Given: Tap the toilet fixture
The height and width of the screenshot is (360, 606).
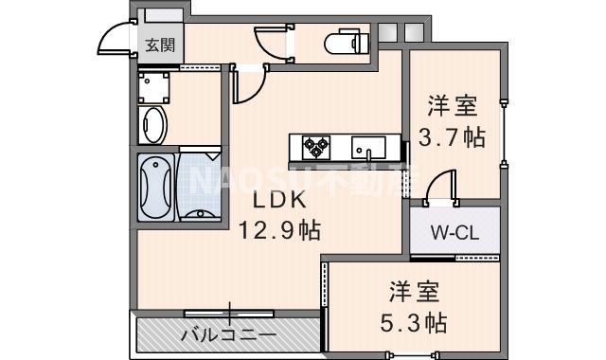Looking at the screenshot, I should point(342,44).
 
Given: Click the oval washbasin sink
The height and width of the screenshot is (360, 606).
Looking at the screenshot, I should point(153,124).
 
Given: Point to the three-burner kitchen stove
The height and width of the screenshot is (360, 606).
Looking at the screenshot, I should point(315,147).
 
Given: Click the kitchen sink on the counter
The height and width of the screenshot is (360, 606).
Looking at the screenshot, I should point(367,147).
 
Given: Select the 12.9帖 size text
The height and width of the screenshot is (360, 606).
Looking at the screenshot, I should point(280,229).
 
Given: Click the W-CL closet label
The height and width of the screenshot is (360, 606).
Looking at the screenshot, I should point(454,230).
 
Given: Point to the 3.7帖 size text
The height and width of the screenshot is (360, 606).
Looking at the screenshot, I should point(454,136).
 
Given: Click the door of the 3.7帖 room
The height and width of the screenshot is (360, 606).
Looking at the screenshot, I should point(440,188).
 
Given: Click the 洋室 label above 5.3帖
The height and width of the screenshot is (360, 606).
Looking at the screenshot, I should point(415,290).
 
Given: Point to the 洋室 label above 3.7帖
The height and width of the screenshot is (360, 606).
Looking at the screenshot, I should point(453,104).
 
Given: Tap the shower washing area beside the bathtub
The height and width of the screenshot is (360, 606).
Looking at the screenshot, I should point(201,187).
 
